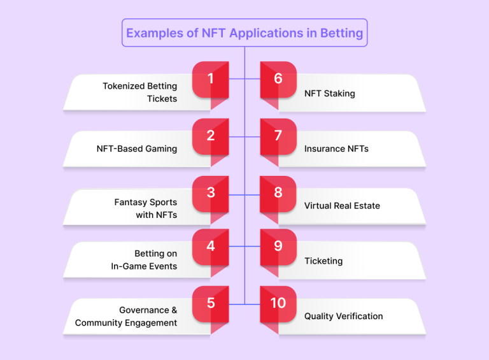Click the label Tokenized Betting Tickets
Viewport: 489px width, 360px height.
(140, 92)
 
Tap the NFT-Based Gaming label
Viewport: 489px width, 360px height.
(137, 149)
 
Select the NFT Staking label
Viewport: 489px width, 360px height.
(330, 94)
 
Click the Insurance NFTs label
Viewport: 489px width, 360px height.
(336, 149)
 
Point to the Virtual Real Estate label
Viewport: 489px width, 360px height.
(342, 206)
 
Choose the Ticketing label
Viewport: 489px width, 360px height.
(323, 261)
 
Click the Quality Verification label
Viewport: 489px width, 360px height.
(343, 316)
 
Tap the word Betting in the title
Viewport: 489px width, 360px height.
(341, 33)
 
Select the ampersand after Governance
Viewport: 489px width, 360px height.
(174, 310)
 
